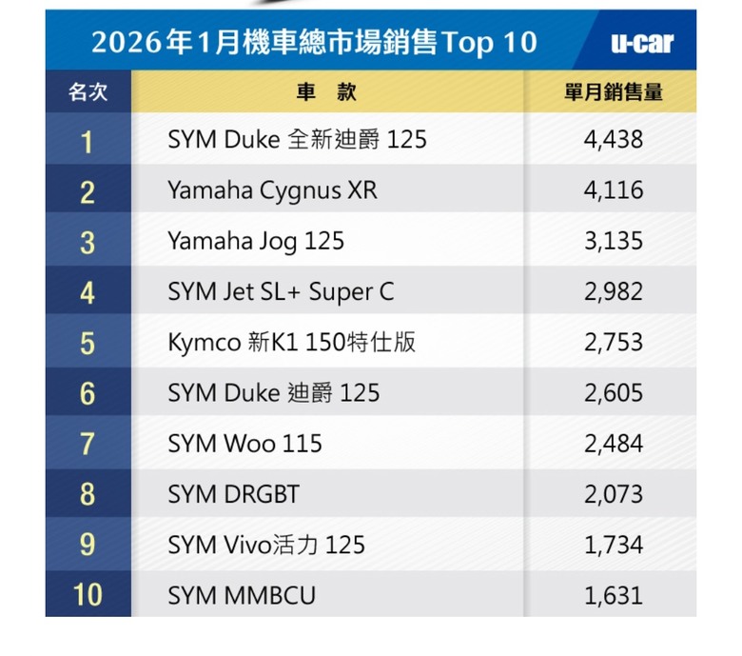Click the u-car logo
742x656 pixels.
641,43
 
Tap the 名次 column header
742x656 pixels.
88,92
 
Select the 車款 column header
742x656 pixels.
326,92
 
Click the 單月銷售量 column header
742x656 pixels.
614,92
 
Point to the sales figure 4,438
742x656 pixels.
614,140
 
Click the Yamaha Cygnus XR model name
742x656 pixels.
272,190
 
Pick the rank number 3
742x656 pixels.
88,242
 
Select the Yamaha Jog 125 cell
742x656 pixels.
255,242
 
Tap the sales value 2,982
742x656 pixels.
614,292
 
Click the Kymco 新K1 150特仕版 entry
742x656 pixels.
292,343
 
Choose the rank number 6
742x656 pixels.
88,393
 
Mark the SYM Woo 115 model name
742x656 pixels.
244,444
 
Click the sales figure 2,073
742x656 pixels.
614,494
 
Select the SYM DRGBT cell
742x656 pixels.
233,494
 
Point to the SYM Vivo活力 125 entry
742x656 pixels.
266,545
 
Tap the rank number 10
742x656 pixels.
88,596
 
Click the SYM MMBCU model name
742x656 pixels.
242,596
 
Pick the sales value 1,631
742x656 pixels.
614,596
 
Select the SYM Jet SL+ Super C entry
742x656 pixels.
281,292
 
